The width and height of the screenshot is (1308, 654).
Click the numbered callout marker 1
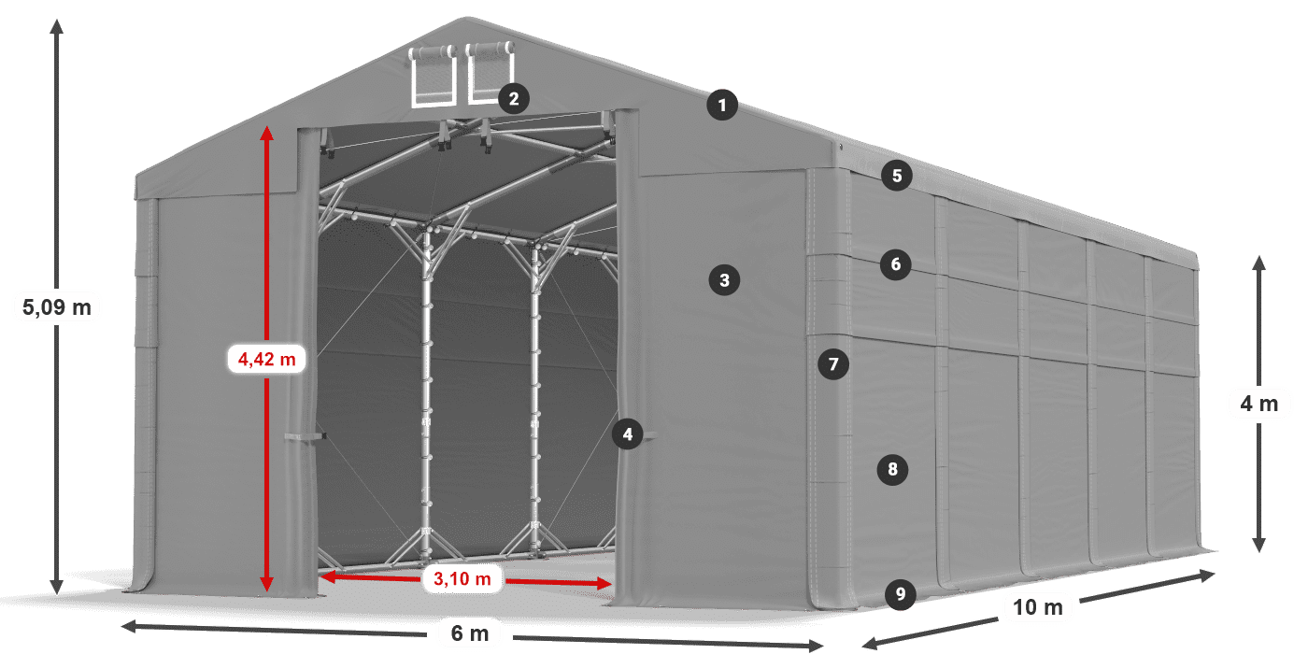coord(721,105)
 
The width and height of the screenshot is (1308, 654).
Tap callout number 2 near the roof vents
coord(513,98)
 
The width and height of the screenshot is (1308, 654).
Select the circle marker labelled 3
coord(724,278)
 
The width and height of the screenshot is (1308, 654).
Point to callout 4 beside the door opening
coord(628,434)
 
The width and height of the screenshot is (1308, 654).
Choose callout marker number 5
coord(896,175)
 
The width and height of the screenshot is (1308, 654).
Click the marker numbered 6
coord(895,264)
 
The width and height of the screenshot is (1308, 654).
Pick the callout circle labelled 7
coord(833,363)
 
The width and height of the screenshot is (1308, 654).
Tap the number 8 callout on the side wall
coord(892,469)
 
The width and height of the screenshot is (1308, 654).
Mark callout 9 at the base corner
coord(899,593)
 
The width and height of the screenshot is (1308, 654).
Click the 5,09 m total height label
coord(57,306)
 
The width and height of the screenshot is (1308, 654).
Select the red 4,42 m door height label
coord(267,358)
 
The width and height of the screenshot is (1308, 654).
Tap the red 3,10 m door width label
coord(462,579)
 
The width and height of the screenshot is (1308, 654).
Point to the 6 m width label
coord(470,633)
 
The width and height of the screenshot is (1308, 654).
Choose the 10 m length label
coord(1037,607)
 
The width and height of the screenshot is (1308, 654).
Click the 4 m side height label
coord(1258,404)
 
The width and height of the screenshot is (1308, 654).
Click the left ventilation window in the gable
coord(433,75)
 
